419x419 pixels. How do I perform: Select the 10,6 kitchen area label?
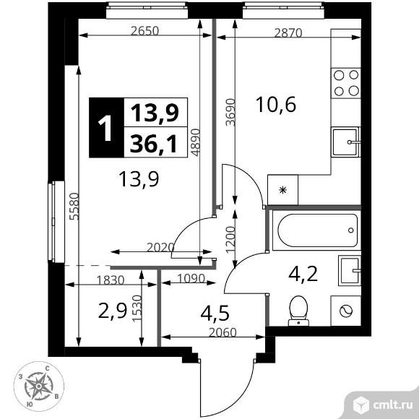click(x=276, y=105)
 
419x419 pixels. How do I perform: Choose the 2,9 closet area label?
click(x=111, y=312)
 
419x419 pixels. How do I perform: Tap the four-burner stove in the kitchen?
click(x=345, y=82)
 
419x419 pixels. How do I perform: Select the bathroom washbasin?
click(x=349, y=271)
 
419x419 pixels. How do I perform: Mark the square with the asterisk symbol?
click(x=282, y=190)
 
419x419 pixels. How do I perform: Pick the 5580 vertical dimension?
click(x=66, y=209)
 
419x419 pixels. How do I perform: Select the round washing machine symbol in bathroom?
click(x=346, y=311)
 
